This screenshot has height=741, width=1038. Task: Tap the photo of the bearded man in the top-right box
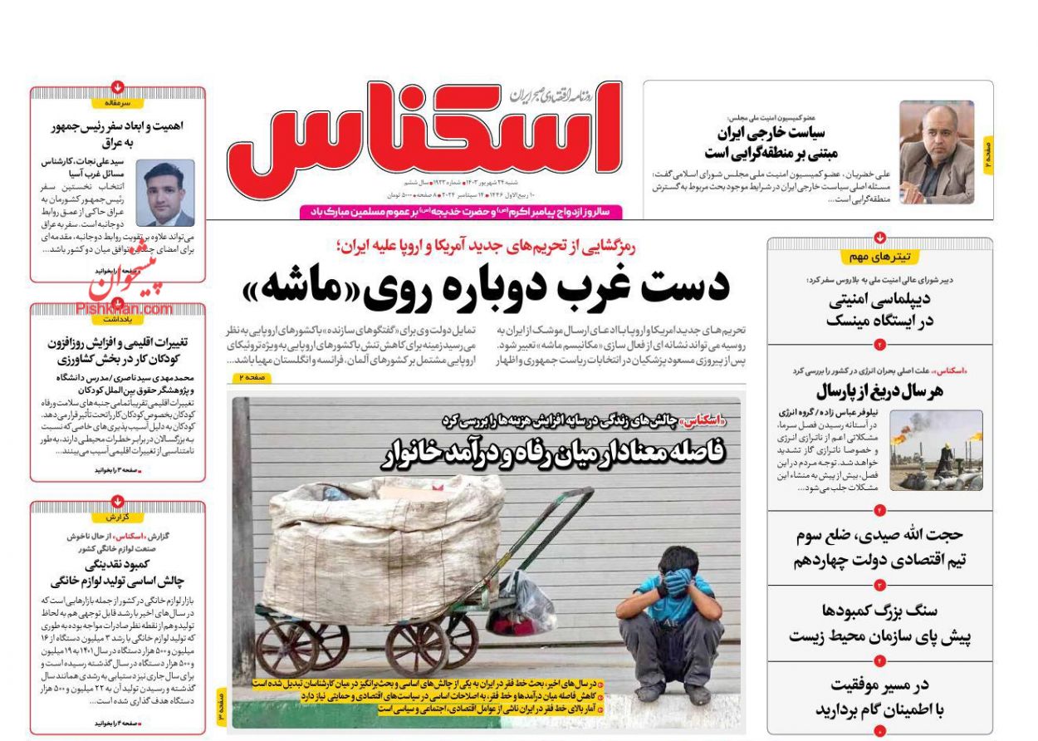[936, 152]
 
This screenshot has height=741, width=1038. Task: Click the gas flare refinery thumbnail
[936, 449]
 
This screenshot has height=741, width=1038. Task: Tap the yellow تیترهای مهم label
[880, 257]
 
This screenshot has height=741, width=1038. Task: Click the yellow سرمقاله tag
[118, 103]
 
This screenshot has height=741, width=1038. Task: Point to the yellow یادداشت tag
[118, 318]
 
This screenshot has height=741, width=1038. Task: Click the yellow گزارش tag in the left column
[118, 517]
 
